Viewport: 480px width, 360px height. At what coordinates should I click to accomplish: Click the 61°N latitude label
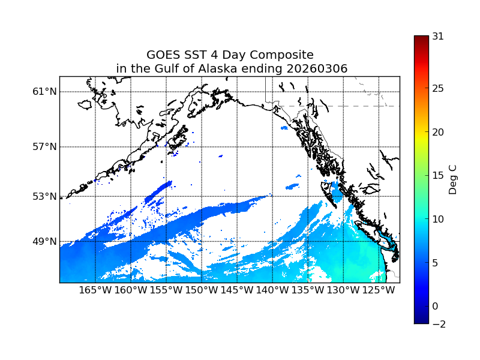tap(45, 92)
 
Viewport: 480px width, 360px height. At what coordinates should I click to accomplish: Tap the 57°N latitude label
tap(45, 147)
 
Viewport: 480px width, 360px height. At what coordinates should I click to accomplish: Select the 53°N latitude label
tap(45, 196)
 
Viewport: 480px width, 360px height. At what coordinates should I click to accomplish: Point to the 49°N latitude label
tap(45, 241)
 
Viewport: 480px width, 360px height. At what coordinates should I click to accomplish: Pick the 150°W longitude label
tap(202, 290)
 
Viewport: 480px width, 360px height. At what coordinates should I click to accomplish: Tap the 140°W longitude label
tap(272, 290)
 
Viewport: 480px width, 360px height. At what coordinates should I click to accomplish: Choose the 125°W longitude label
tap(379, 290)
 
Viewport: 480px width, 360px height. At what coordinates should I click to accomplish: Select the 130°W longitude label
tap(343, 290)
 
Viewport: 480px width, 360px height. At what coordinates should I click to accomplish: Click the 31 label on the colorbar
tap(438, 36)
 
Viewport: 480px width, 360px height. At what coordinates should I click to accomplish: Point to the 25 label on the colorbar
tap(438, 89)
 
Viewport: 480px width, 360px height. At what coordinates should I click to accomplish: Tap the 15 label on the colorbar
tap(438, 176)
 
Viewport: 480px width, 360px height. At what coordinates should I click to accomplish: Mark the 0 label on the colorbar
tap(435, 306)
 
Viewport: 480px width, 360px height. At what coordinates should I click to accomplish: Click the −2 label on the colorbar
tap(438, 324)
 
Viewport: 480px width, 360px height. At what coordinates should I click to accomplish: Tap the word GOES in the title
tap(163, 55)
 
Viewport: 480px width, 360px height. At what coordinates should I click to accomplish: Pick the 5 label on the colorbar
tap(435, 263)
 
